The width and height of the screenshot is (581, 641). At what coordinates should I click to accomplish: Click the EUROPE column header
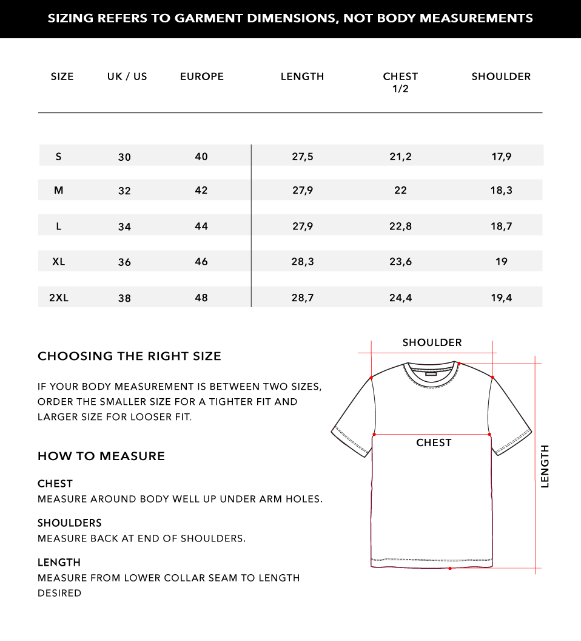[x=202, y=76]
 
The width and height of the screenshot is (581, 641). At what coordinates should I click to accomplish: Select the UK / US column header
[x=127, y=76]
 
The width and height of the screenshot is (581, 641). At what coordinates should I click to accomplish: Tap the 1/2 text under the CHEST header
[x=400, y=89]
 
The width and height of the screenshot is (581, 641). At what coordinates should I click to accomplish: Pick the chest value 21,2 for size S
[x=400, y=157]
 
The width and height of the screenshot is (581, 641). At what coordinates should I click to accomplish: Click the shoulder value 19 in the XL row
[x=502, y=262]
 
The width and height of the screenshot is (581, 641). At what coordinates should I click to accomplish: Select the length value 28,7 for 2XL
[x=303, y=297]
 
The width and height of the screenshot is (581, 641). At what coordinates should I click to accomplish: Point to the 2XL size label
[x=59, y=297]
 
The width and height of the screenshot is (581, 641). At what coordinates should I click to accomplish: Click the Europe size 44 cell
[x=201, y=226]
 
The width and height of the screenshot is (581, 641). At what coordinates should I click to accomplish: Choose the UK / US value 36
[x=124, y=262]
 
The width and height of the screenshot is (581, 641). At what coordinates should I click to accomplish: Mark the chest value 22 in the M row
[x=400, y=190]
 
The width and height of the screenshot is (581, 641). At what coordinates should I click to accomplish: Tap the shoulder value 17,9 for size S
[x=502, y=157]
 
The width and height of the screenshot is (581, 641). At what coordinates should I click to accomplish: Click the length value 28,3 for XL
[x=303, y=262]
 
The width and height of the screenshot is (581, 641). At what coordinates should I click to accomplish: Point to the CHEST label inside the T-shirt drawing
[x=434, y=443]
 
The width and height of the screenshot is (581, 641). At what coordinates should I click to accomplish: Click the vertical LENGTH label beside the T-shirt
[x=545, y=466]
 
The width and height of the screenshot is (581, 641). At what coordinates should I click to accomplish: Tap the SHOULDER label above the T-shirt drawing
[x=432, y=342]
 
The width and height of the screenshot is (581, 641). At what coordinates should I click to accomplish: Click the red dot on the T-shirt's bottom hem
[x=450, y=568]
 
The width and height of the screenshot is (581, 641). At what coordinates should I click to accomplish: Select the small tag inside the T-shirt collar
[x=431, y=375]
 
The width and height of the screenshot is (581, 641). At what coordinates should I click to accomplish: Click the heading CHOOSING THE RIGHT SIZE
[x=129, y=356]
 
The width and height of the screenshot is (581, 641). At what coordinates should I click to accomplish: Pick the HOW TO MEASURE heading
[x=101, y=456]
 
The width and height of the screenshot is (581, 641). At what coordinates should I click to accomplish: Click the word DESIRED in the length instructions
[x=59, y=593]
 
